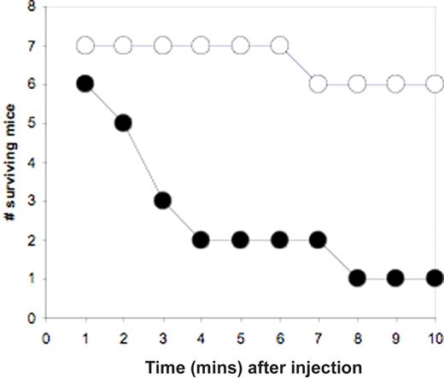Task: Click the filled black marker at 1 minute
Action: [x=84, y=84]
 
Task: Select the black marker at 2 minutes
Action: [x=123, y=122]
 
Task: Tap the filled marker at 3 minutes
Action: [x=162, y=201]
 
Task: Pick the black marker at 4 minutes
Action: [x=202, y=239]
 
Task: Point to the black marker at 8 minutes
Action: [x=357, y=278]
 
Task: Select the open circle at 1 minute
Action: [x=84, y=44]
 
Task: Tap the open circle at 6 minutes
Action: [x=279, y=44]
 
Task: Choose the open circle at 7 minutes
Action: [x=318, y=84]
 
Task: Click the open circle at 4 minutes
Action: [x=202, y=44]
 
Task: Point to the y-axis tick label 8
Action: [x=32, y=7]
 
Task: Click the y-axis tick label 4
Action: [x=32, y=162]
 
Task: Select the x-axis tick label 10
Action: [x=433, y=336]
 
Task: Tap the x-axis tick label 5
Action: [x=240, y=336]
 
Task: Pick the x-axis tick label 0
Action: [x=45, y=336]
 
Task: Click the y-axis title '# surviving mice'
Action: [x=9, y=162]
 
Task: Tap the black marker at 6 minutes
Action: [x=279, y=239]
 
